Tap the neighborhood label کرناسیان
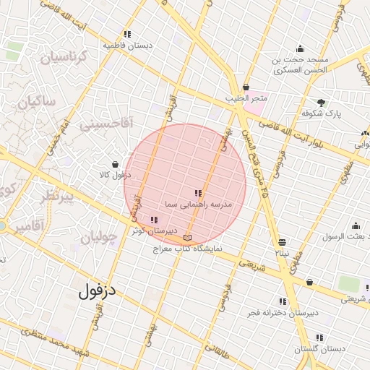coord(63,56)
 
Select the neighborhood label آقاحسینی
coord(106,124)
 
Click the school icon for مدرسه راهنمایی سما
coord(199,193)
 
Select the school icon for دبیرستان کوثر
coord(153,220)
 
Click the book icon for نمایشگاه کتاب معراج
coord(188,237)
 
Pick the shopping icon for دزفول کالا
coord(115,164)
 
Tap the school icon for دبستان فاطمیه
coord(127,34)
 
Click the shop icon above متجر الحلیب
coord(246,87)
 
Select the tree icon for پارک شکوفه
coord(321,103)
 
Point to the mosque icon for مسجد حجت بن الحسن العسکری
coord(300,49)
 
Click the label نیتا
coord(281,254)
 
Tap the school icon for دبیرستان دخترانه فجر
coord(283,301)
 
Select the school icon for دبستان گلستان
coord(319,337)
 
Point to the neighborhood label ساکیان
coord(36,103)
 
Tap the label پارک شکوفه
coord(321,114)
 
